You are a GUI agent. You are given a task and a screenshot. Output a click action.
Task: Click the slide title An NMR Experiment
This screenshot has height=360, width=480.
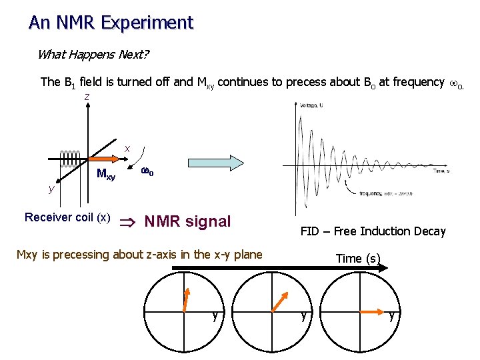[111, 23]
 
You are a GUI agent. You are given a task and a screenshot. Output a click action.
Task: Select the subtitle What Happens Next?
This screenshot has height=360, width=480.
[93, 55]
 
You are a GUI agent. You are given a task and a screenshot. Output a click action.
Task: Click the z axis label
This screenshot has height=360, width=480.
[87, 97]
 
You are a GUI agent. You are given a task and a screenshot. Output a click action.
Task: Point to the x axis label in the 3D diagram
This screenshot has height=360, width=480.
[127, 148]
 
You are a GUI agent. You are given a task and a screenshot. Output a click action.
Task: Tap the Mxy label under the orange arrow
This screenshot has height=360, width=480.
[105, 175]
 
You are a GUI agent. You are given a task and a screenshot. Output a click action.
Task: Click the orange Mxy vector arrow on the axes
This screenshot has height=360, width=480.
[101, 160]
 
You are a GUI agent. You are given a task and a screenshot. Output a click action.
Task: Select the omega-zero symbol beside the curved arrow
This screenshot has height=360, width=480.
[147, 172]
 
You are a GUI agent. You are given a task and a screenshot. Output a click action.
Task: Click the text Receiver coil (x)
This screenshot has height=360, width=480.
[67, 217]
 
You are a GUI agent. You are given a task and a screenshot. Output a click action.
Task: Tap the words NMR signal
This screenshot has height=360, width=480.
[187, 221]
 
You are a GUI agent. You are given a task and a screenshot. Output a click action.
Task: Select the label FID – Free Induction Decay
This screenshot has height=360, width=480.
[373, 231]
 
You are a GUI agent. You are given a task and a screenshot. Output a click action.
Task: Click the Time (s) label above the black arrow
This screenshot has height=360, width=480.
[358, 259]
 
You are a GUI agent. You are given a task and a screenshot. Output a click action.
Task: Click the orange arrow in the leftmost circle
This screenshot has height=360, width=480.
[187, 298]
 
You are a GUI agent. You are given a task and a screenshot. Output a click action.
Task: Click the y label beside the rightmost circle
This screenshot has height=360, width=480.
[392, 316]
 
